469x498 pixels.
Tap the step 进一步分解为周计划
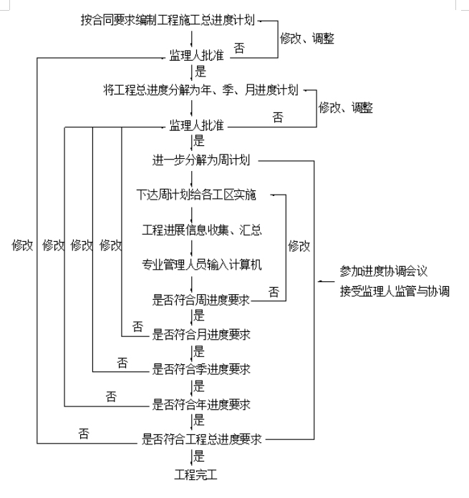click(x=200, y=159)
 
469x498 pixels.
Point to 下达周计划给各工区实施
click(x=196, y=194)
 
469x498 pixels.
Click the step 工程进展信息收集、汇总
click(x=201, y=229)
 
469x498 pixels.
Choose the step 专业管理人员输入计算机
click(x=201, y=264)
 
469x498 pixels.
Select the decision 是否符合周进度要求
click(x=201, y=300)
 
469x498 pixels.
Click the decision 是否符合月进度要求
click(x=201, y=334)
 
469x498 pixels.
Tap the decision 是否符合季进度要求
click(x=201, y=369)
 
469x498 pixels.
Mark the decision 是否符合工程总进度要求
click(x=201, y=439)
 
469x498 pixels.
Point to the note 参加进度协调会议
click(x=383, y=272)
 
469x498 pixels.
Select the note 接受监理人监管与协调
click(x=394, y=290)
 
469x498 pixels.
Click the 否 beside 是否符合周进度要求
click(x=274, y=291)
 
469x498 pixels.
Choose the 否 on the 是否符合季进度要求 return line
click(x=122, y=362)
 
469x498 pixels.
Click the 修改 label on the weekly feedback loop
click(x=299, y=246)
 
